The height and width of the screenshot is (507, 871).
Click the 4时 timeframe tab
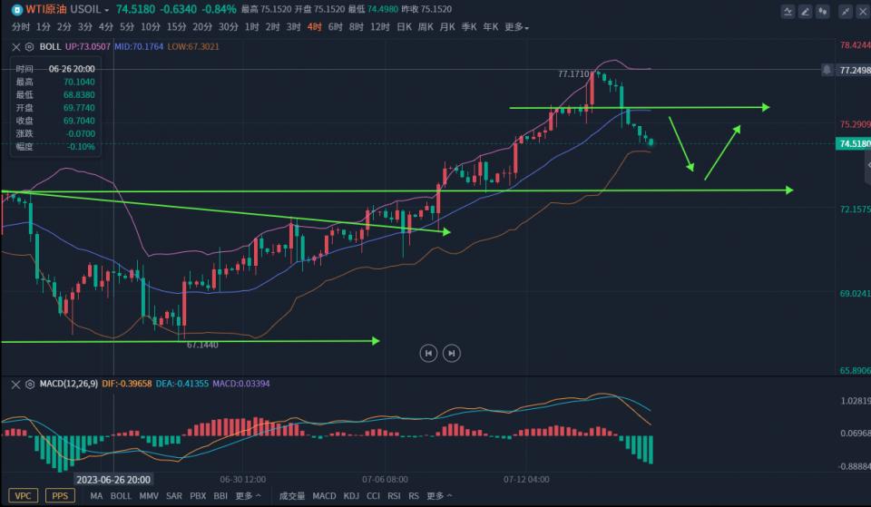[314, 27]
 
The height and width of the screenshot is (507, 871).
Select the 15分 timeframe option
[176, 27]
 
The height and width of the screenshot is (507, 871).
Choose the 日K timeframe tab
[405, 27]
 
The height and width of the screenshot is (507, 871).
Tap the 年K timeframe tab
[491, 27]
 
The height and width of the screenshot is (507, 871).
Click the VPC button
[24, 496]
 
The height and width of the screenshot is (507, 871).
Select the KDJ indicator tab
[351, 496]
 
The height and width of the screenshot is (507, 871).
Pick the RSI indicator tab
[394, 496]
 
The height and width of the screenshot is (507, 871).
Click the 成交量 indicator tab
[292, 496]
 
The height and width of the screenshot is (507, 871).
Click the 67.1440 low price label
[202, 345]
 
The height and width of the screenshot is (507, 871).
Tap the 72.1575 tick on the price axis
[855, 210]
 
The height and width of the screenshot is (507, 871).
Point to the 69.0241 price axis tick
[855, 294]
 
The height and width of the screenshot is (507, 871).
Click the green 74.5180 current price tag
[854, 143]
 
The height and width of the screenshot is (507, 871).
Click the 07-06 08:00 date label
[385, 479]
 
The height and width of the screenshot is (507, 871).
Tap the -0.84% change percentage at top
[220, 9]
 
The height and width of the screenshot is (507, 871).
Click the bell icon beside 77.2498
[827, 69]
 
